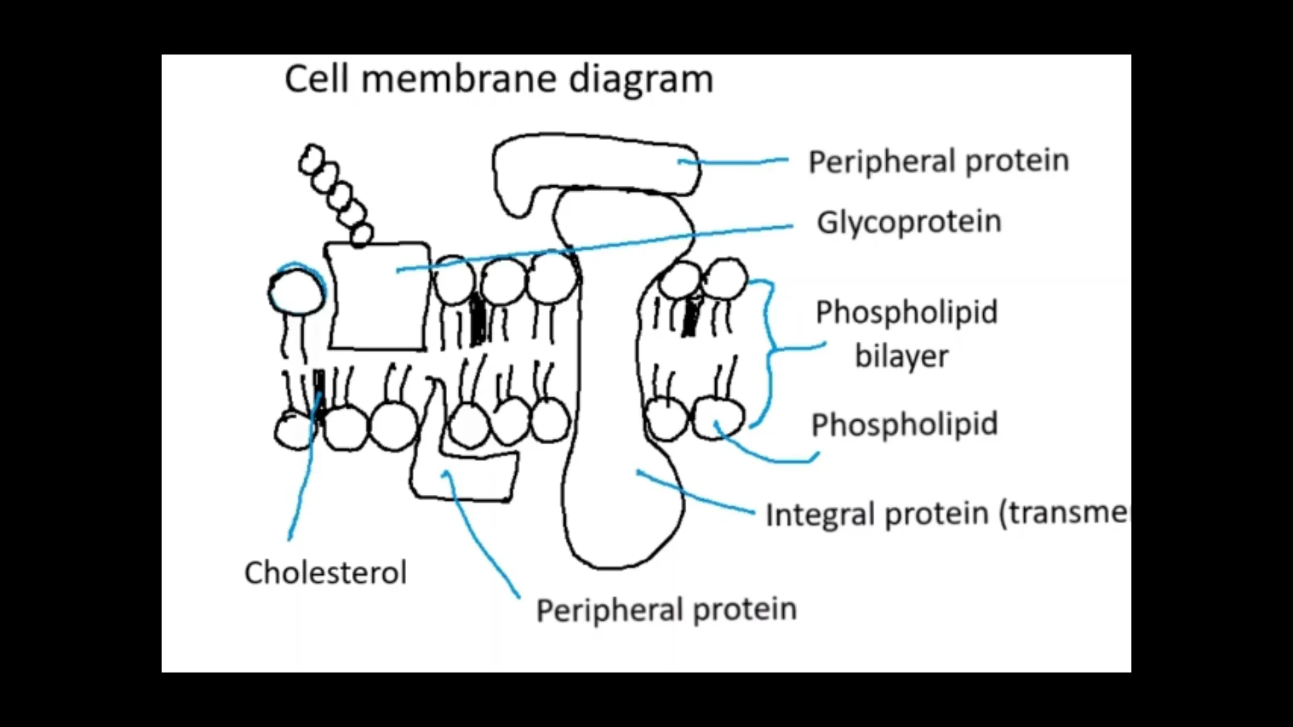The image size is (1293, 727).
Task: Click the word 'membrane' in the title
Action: (x=459, y=79)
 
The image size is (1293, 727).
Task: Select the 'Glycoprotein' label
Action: (x=908, y=222)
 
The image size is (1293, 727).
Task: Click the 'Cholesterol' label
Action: (x=325, y=573)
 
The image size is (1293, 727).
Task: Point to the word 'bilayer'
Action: (x=901, y=356)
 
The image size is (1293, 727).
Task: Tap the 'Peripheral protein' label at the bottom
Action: (x=666, y=610)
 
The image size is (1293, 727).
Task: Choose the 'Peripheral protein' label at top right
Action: (x=938, y=162)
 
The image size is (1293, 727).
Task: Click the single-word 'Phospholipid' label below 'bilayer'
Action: (x=904, y=425)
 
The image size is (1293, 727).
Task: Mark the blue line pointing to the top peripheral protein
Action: (x=734, y=162)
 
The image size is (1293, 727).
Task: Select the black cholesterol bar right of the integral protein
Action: (x=690, y=316)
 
